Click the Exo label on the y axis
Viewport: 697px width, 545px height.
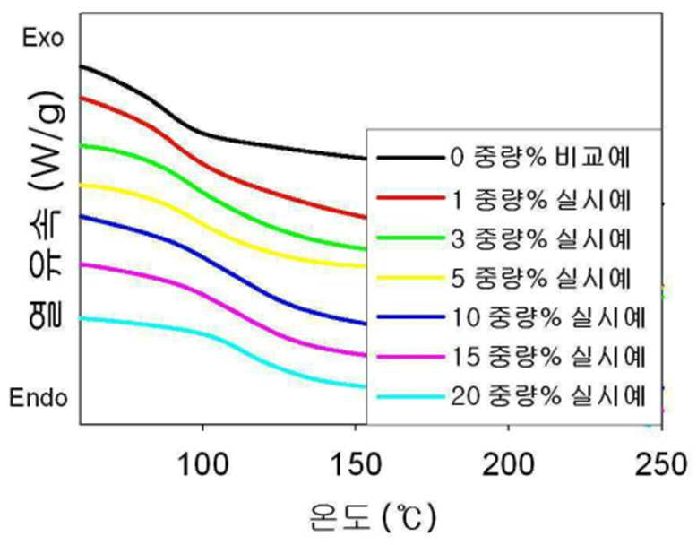click(43, 39)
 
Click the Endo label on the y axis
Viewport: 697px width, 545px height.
click(39, 397)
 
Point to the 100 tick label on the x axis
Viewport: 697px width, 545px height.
click(203, 465)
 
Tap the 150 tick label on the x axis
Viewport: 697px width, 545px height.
click(356, 465)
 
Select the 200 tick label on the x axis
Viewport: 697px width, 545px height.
click(508, 465)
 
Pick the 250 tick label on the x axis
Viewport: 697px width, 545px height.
click(661, 465)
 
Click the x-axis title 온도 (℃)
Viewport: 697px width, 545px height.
click(373, 516)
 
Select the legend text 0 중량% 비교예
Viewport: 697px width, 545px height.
click(540, 157)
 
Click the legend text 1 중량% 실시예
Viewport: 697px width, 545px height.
click(540, 200)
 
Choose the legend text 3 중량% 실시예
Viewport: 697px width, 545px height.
click(540, 239)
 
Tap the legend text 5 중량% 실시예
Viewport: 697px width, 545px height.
click(540, 278)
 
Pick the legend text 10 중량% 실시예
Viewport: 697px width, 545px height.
click(548, 317)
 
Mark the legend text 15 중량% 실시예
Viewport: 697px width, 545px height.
click(548, 357)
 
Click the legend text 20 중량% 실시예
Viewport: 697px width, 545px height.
click(548, 395)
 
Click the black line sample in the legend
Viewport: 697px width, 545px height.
click(410, 158)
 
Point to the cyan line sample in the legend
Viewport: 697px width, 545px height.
click(410, 396)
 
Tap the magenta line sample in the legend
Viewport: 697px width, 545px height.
click(410, 357)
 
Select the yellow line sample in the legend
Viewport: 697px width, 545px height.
click(410, 278)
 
